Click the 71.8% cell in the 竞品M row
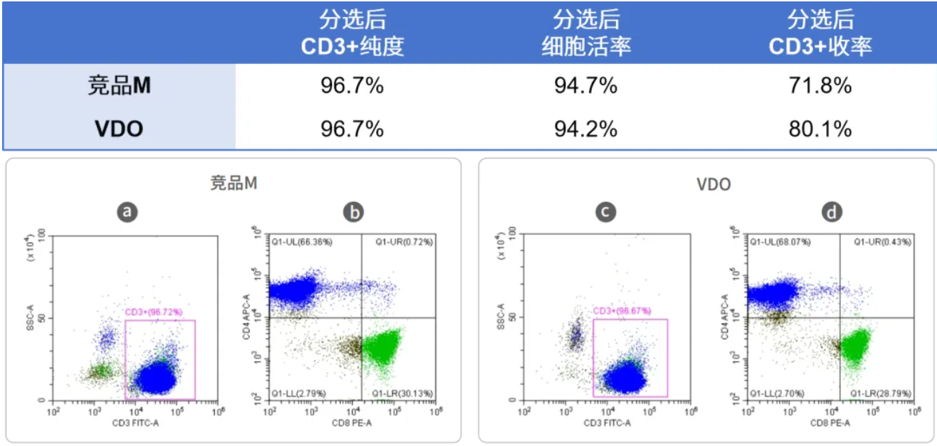pos(820,86)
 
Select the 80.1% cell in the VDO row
pos(820,129)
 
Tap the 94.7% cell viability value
pos(586,86)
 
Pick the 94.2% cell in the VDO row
pos(586,129)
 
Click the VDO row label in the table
pos(119,129)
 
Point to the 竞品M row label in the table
pos(119,86)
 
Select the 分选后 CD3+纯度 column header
pos(352,33)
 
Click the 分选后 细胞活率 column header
pos(586,33)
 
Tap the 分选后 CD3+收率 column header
pos(820,33)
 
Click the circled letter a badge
pos(127,211)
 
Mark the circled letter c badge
pos(605,211)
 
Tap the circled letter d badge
pos(831,211)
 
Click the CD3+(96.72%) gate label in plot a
pos(154,312)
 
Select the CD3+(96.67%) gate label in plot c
pos(622,311)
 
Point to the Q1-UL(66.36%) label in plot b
pos(302,242)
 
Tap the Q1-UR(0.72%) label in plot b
pos(403,242)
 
